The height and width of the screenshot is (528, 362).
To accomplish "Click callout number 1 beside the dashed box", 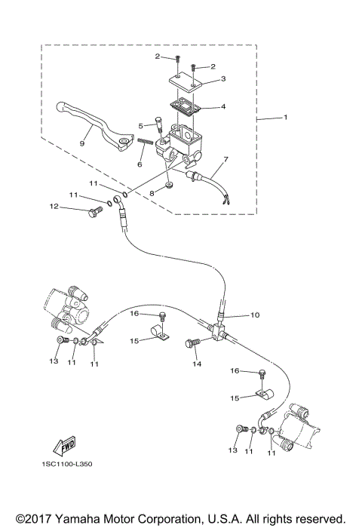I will point(286,118).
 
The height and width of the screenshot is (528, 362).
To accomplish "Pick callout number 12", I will point(54,206).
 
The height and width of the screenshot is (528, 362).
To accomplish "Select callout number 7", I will point(224,159).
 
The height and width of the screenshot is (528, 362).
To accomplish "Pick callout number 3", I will point(223,78).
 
